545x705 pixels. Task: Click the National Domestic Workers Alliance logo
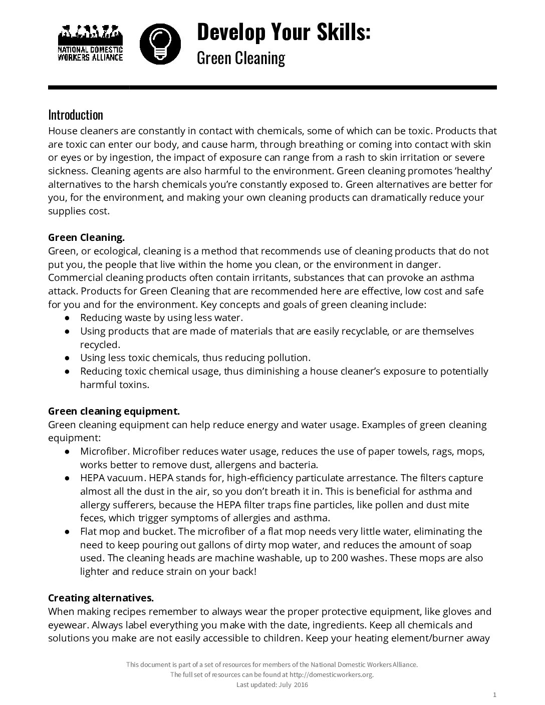(x=90, y=43)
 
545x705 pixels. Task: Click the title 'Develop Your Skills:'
(x=284, y=32)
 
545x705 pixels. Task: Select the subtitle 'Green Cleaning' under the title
(x=240, y=58)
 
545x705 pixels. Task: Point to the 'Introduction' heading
(x=76, y=115)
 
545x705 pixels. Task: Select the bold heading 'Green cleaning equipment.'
(x=114, y=411)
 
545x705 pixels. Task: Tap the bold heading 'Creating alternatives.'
(x=101, y=598)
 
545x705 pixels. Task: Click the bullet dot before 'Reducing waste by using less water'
(x=67, y=318)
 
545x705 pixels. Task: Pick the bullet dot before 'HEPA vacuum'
(x=67, y=478)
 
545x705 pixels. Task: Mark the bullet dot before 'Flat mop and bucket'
(x=67, y=532)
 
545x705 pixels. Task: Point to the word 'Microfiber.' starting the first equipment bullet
(x=104, y=451)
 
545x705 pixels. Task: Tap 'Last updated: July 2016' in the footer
(x=272, y=684)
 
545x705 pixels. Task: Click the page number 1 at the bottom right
(x=494, y=694)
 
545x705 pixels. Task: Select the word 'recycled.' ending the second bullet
(x=100, y=344)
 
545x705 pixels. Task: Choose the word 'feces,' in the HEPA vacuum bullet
(x=93, y=518)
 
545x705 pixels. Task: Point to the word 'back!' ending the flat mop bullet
(x=243, y=571)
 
